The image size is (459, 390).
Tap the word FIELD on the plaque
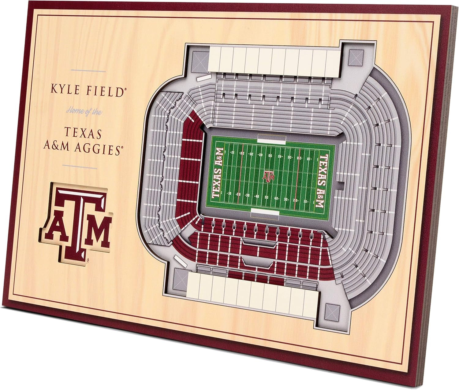(x=106, y=91)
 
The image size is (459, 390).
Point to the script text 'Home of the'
(x=84, y=111)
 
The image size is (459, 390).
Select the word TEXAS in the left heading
(x=83, y=133)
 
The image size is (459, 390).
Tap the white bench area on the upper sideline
(x=272, y=139)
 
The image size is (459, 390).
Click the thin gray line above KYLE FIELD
(x=88, y=71)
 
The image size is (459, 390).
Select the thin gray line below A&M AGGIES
(x=80, y=167)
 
